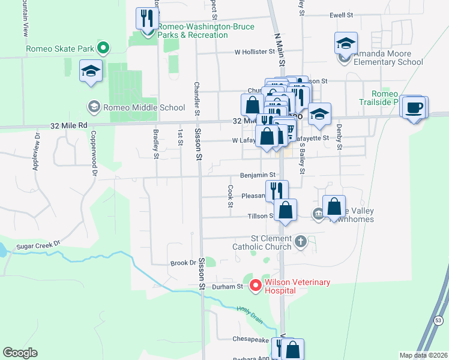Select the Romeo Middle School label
tap(144, 108)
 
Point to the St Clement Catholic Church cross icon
tap(301, 242)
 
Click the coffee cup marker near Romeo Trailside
tap(414, 107)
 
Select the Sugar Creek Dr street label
tap(40, 244)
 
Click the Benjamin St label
tap(257, 176)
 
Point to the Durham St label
tap(230, 286)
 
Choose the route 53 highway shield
tap(438, 321)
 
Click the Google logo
tap(20, 353)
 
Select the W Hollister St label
tap(255, 52)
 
